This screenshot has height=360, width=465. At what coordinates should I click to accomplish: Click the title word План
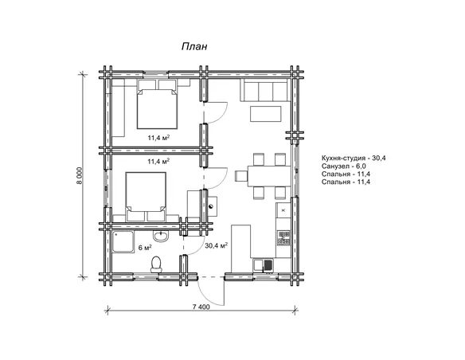(194, 46)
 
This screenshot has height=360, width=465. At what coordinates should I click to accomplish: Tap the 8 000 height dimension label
(80, 175)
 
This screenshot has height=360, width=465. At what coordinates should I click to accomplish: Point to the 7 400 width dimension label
(201, 307)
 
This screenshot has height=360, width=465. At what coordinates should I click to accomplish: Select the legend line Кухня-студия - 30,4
(354, 158)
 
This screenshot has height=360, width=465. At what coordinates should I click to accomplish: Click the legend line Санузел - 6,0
(344, 166)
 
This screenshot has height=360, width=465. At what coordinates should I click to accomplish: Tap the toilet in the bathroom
(156, 264)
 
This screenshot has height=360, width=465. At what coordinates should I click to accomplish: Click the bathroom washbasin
(161, 236)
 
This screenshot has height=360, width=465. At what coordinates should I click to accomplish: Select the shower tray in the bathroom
(123, 242)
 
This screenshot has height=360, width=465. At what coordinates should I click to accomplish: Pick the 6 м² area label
(145, 248)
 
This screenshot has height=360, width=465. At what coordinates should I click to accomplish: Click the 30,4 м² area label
(217, 245)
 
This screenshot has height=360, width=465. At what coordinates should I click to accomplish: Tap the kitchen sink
(264, 265)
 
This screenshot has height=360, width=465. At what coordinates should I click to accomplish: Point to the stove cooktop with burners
(283, 238)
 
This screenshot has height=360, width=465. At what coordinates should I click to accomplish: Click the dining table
(269, 176)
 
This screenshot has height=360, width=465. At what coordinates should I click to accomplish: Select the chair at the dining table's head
(241, 175)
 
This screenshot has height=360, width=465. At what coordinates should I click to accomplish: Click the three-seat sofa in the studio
(265, 90)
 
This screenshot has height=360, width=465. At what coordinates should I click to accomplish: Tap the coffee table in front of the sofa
(266, 114)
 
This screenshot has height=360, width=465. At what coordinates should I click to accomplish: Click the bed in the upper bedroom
(157, 108)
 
